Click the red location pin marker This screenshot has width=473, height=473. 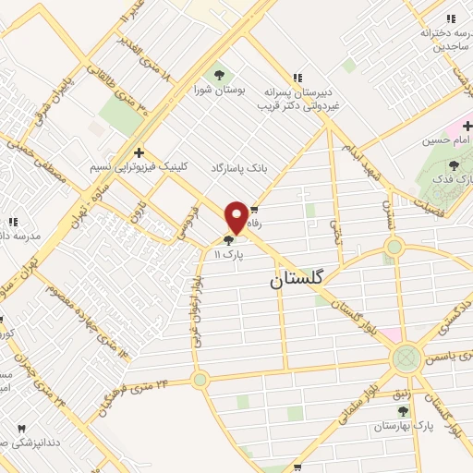click(x=236, y=216)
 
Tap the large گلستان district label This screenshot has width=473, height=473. click(x=302, y=280)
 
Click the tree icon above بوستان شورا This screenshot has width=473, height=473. click(x=219, y=75)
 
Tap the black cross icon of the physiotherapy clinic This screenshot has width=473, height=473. click(x=139, y=152)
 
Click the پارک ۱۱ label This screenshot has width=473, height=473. click(x=227, y=255)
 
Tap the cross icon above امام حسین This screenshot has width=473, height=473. click(x=467, y=125)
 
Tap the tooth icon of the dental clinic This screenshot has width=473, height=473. click(x=21, y=430)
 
